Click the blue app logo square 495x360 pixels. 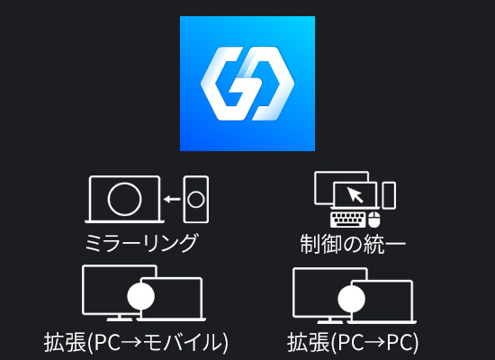[247, 84]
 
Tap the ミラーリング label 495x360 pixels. [141, 243]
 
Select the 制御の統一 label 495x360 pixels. [353, 244]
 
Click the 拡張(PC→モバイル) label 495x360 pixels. [136, 342]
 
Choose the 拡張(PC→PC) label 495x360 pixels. [353, 342]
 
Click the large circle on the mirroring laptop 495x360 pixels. [124, 199]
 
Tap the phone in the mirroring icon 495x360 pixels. [196, 199]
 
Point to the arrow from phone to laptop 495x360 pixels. [172, 199]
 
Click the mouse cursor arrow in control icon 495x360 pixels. [355, 194]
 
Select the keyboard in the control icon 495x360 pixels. [348, 220]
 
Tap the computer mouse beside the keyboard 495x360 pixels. [374, 220]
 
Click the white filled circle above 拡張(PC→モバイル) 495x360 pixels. [140, 296]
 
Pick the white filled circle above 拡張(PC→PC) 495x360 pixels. [351, 299]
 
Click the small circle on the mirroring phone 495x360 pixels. [196, 200]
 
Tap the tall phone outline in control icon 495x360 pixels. [389, 195]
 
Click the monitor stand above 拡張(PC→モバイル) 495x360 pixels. [119, 318]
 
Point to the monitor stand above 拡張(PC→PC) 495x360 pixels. [330, 319]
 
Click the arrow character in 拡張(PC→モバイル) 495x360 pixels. [133, 343]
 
